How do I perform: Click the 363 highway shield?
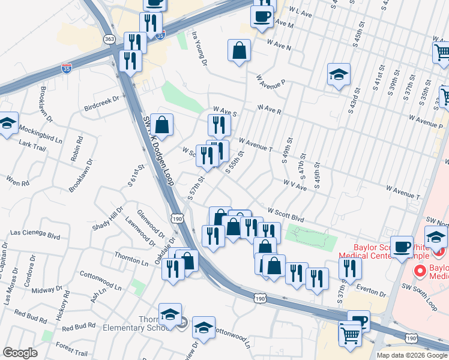109,39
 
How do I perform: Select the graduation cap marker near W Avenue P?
339,74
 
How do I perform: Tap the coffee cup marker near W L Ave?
262,16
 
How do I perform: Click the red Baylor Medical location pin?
420,272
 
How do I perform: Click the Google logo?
20,353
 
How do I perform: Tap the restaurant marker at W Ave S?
219,124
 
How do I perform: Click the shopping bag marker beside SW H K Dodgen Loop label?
161,124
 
